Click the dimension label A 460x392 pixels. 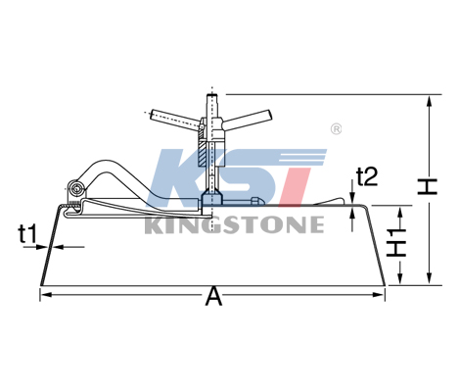pos(213,296)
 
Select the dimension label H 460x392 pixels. pos(428,186)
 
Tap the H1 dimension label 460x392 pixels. pos(396,242)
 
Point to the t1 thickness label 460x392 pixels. pos(27,234)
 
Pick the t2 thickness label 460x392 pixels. pos(367,176)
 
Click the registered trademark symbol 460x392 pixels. pos(337,129)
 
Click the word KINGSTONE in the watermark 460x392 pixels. pos(234,224)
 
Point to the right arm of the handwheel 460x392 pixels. pos(248,119)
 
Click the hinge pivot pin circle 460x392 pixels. pos(77,188)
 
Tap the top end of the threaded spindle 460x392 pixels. pos(212,95)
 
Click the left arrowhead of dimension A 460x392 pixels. pos(47,295)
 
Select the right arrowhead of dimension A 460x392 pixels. pos(378,295)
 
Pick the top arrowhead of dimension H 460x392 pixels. pos(430,101)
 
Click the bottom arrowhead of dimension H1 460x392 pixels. pos(401,278)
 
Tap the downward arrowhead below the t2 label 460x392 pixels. pos(352,198)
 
